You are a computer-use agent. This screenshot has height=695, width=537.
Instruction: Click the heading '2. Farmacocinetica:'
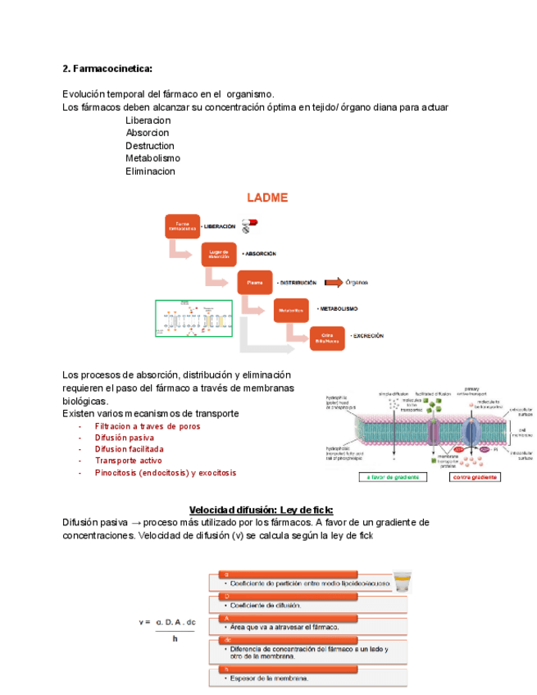(107, 68)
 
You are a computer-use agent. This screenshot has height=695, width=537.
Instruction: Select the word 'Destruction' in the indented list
(150, 145)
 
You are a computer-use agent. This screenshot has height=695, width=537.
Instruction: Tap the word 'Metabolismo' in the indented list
(152, 158)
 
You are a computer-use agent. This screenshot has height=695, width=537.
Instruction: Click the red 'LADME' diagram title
(268, 198)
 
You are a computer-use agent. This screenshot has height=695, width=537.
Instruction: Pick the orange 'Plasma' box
(255, 282)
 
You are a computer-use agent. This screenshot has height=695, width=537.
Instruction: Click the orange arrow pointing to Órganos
(333, 283)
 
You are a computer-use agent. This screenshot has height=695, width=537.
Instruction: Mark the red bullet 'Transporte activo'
(129, 461)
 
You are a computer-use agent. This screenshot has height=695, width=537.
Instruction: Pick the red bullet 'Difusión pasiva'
(125, 438)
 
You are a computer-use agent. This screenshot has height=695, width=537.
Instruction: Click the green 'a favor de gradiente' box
(394, 477)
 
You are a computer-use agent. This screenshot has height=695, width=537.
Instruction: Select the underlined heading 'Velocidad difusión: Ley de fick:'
(262, 509)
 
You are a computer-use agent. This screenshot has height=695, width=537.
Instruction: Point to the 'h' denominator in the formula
(175, 638)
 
